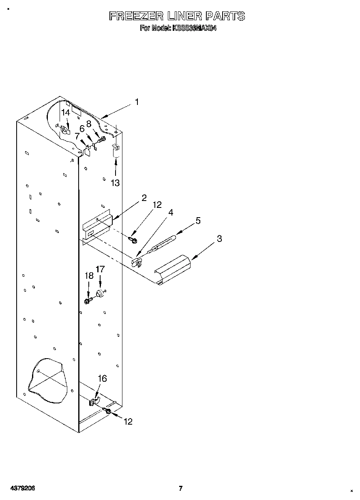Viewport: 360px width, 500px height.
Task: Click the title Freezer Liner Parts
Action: pyautogui.click(x=177, y=16)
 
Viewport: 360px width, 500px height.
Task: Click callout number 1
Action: pyautogui.click(x=137, y=102)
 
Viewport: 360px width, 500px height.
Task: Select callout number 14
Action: pyautogui.click(x=66, y=113)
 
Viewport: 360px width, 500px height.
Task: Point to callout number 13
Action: pyautogui.click(x=116, y=183)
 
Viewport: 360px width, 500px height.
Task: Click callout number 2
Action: pyautogui.click(x=144, y=198)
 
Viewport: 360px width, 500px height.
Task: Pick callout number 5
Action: pyautogui.click(x=198, y=221)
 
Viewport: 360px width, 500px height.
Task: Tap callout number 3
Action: pyautogui.click(x=219, y=239)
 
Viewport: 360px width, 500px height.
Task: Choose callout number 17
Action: pyautogui.click(x=100, y=269)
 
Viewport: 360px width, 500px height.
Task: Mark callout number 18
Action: pyautogui.click(x=89, y=276)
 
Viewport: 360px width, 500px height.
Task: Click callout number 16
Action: pyautogui.click(x=102, y=378)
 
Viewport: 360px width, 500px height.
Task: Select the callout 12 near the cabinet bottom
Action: pyautogui.click(x=128, y=422)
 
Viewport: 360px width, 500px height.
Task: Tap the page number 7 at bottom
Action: pyautogui.click(x=181, y=488)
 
